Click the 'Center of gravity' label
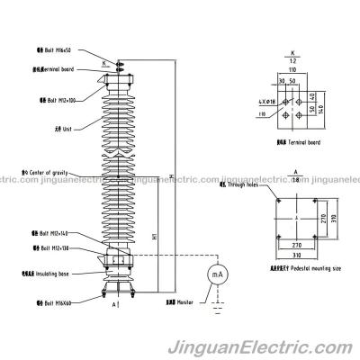pyautogui.click(x=53, y=168)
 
